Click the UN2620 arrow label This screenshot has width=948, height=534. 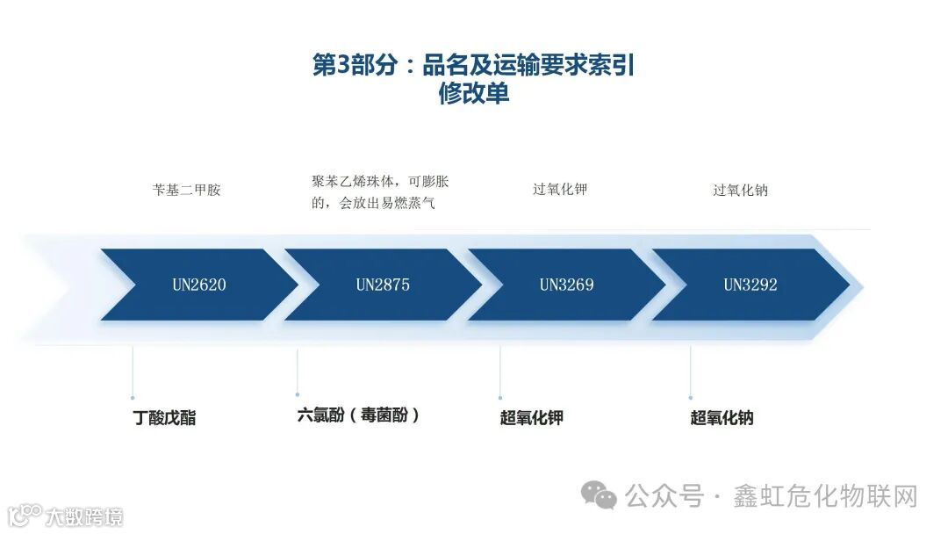pos(198,285)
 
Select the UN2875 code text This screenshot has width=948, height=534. pos(383,285)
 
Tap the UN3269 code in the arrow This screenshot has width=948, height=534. pos(566,285)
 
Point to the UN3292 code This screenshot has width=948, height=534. pos(750,285)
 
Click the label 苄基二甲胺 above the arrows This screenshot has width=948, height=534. pos(186,190)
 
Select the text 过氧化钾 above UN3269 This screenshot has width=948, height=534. pos(560,189)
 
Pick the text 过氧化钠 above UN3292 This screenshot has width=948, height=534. pos(740,190)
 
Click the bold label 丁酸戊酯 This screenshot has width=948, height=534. pos(164,418)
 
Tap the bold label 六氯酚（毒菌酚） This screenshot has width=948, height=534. pos(358,415)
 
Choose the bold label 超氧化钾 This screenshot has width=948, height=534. pos(531,418)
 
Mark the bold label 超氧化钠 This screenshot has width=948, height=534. pos(722,418)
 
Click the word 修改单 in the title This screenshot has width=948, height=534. pos(474,94)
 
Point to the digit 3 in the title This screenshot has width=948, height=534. pos(343,66)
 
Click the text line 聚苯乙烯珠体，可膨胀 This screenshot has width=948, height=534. pos(380,182)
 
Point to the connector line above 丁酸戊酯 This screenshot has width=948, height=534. pos(133,373)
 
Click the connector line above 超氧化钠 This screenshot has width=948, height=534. pos(690,373)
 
